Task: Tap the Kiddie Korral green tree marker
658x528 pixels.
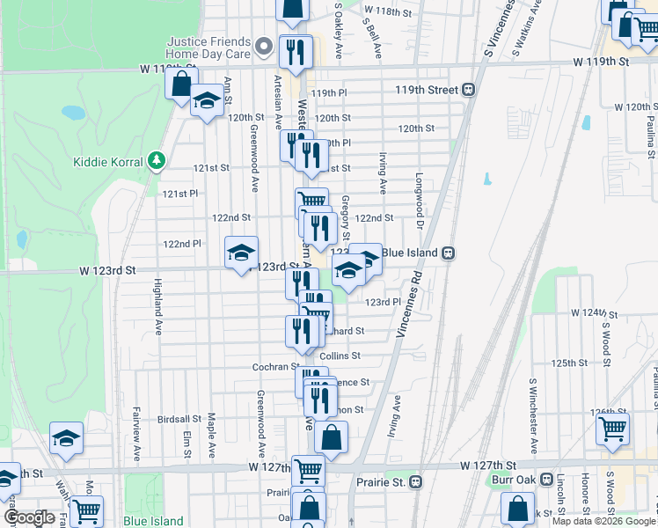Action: point(157,159)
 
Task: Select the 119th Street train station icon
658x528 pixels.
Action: point(470,90)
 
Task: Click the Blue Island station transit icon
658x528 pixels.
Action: point(448,253)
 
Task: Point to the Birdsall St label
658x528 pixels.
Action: point(181,419)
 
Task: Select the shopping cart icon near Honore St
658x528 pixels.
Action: point(612,429)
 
